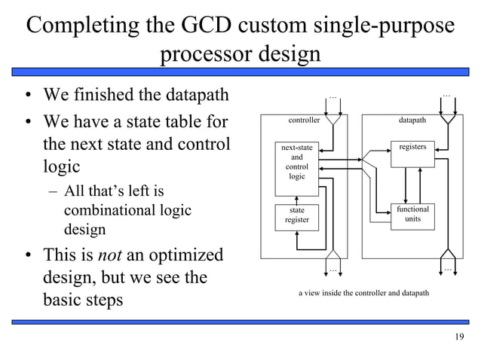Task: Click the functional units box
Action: (x=413, y=214)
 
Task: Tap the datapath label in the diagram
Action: (x=412, y=120)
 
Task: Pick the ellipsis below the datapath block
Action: (x=447, y=269)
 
